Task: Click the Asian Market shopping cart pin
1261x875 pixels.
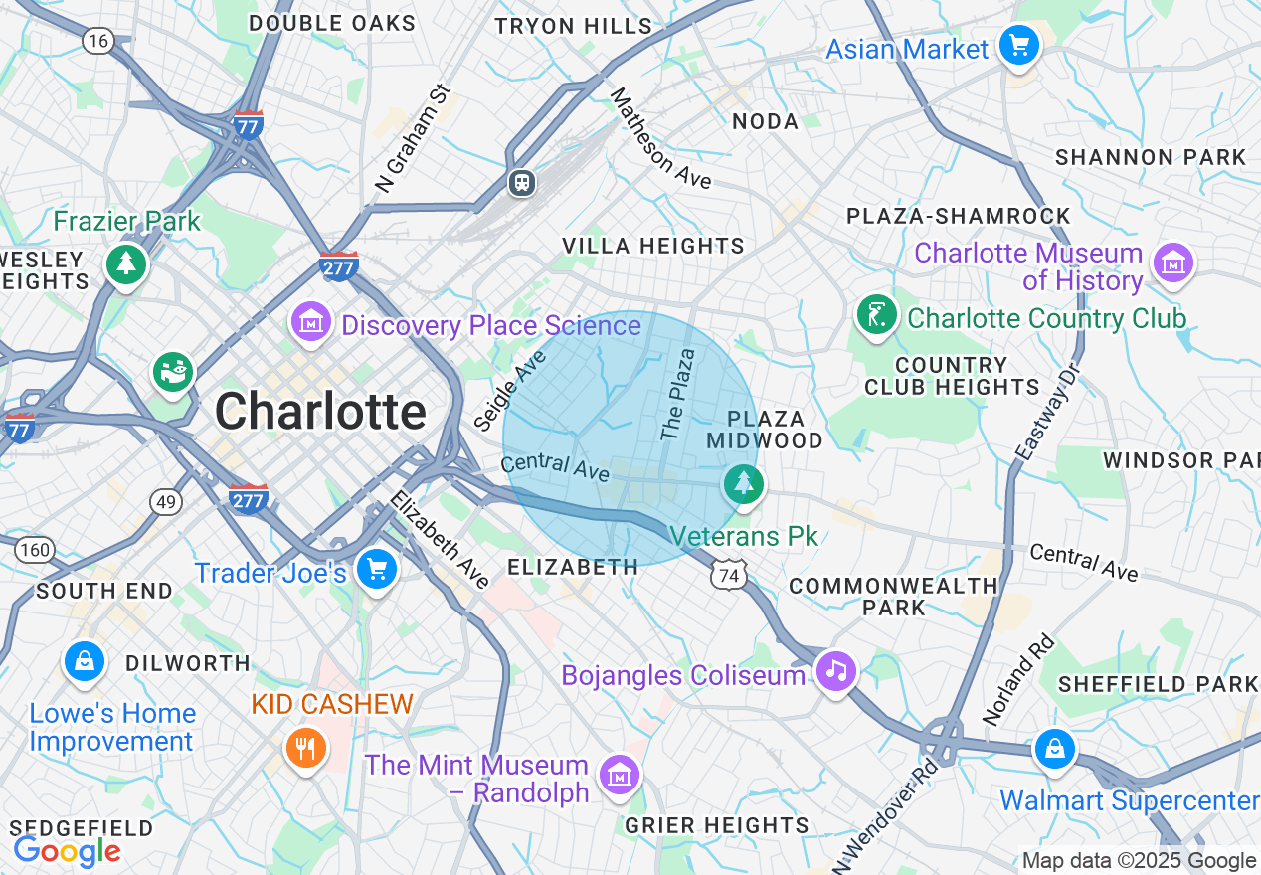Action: click(x=1018, y=46)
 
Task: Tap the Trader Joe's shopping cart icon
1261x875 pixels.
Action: click(x=377, y=569)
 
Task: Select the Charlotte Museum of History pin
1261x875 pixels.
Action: click(x=1173, y=263)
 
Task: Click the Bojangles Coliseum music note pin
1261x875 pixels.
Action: click(x=836, y=672)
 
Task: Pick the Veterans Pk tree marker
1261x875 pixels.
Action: click(x=744, y=485)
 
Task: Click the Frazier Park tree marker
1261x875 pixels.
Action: click(x=126, y=264)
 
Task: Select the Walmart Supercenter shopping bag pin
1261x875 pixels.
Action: click(x=1054, y=750)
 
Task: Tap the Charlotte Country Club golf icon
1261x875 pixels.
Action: click(x=876, y=314)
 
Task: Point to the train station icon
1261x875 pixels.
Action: click(x=522, y=183)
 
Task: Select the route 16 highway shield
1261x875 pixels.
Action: click(x=97, y=41)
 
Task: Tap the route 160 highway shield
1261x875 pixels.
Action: click(x=36, y=549)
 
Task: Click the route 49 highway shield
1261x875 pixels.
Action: click(x=166, y=502)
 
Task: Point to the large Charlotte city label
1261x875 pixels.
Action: click(x=320, y=412)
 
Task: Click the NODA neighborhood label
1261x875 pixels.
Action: click(x=765, y=121)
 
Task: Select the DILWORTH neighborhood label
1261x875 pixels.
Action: click(x=188, y=663)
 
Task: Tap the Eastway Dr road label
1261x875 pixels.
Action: click(x=1045, y=411)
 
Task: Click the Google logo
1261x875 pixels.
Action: click(x=67, y=851)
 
